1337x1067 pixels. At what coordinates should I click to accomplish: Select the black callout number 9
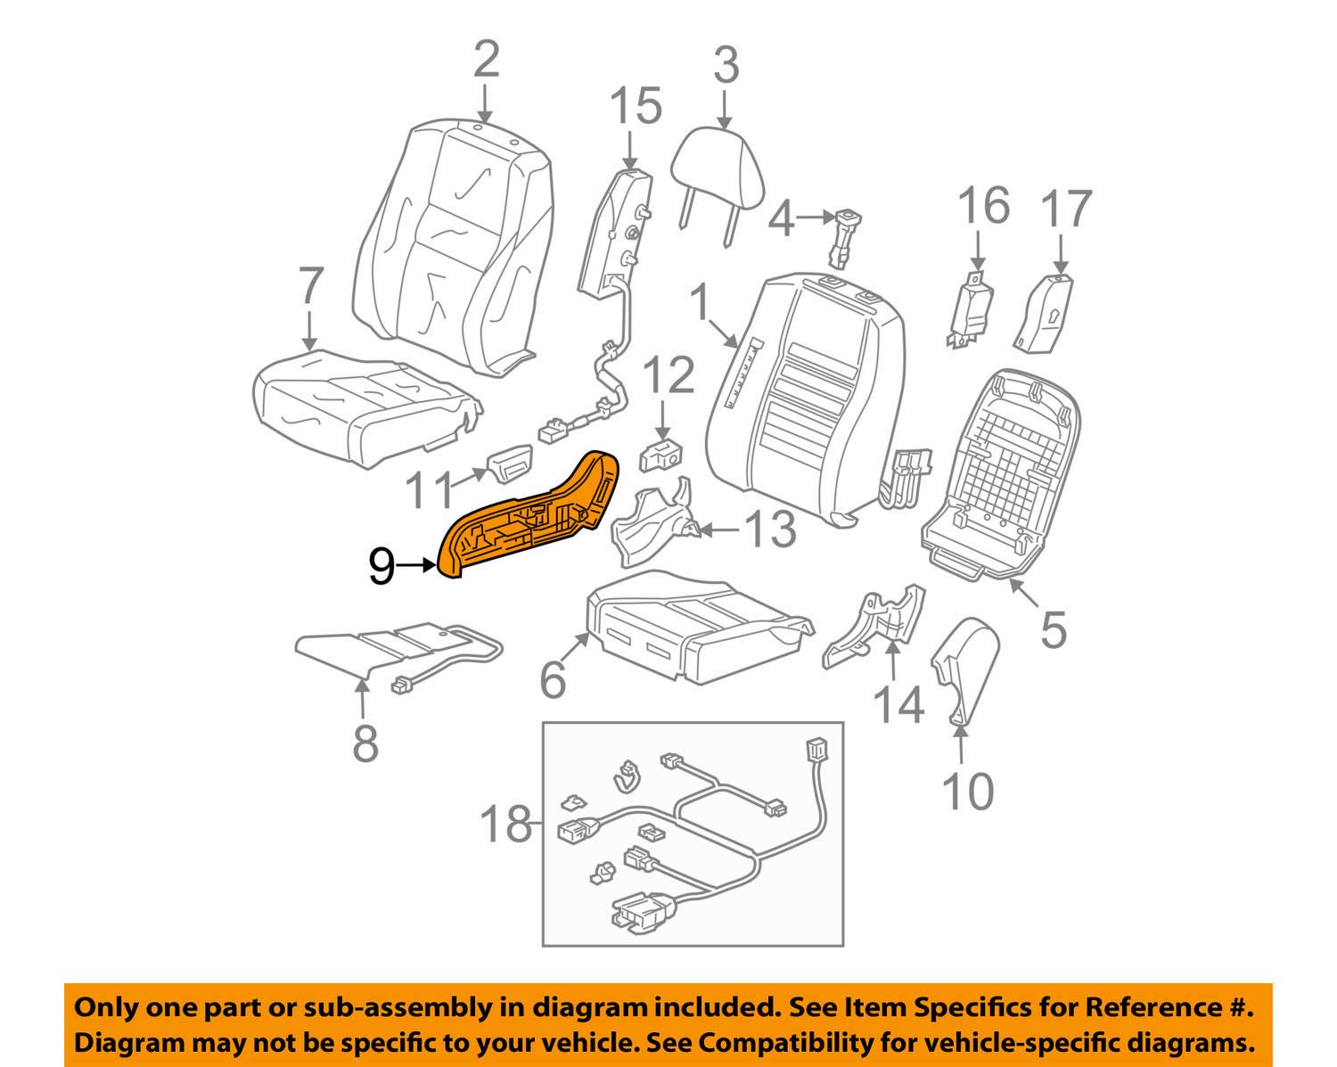[x=381, y=566]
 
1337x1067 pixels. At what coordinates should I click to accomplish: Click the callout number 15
[x=636, y=106]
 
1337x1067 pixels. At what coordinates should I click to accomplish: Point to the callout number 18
[x=505, y=824]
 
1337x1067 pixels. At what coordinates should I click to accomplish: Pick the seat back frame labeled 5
[x=1002, y=472]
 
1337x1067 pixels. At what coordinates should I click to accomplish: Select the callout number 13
[x=769, y=529]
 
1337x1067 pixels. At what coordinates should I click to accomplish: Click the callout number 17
[x=1066, y=209]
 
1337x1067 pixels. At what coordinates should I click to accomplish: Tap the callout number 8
[x=365, y=743]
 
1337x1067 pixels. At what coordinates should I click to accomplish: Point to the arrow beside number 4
[x=812, y=217]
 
